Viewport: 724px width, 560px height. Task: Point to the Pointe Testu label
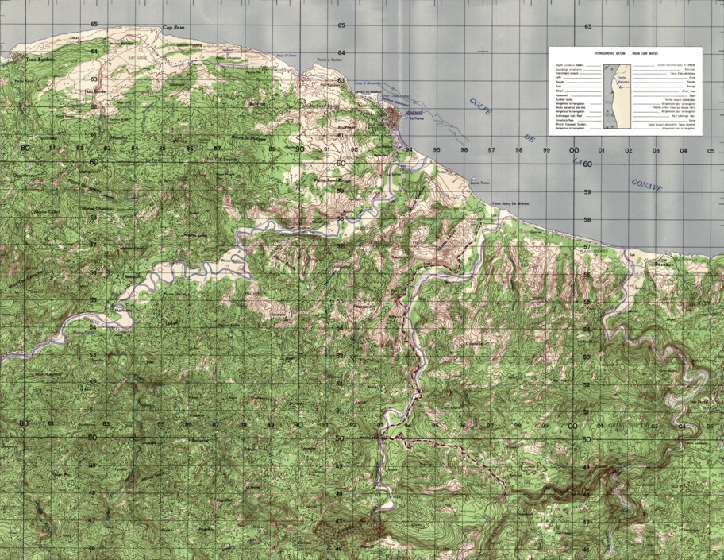[x=481, y=184]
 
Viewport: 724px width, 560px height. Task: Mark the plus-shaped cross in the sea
[x=483, y=52]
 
